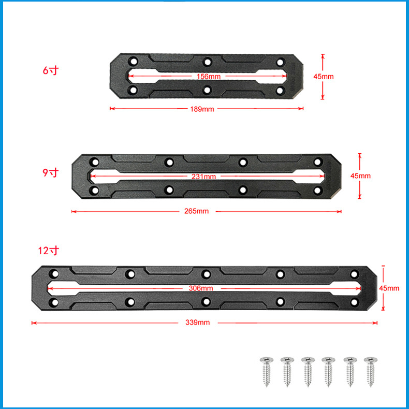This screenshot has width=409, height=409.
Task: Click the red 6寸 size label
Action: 51,70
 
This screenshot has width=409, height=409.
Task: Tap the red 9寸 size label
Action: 51,172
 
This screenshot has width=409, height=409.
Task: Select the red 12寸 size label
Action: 49,251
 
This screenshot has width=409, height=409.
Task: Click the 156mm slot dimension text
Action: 209,77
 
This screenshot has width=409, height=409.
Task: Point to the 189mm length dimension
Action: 202,109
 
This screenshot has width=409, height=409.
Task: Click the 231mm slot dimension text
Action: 203,177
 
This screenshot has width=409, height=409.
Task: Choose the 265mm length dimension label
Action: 196,211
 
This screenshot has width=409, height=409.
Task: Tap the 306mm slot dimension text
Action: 201,288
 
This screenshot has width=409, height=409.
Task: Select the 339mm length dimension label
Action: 197,323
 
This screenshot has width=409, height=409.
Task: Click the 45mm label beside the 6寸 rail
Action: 324,77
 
